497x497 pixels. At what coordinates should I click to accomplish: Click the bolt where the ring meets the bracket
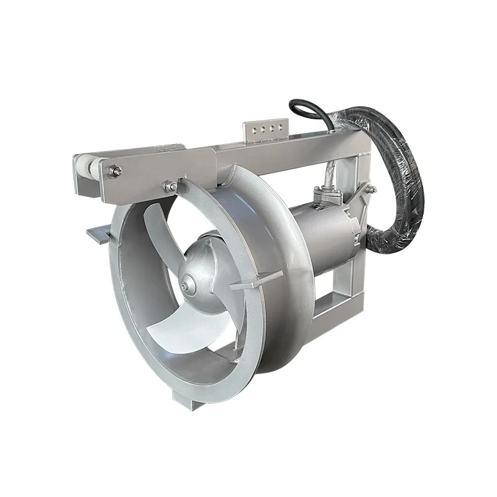pos(168,185)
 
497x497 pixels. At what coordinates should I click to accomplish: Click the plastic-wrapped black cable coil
pos(398,186)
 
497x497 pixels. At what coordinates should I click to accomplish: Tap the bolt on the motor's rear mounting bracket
pos(372,189)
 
